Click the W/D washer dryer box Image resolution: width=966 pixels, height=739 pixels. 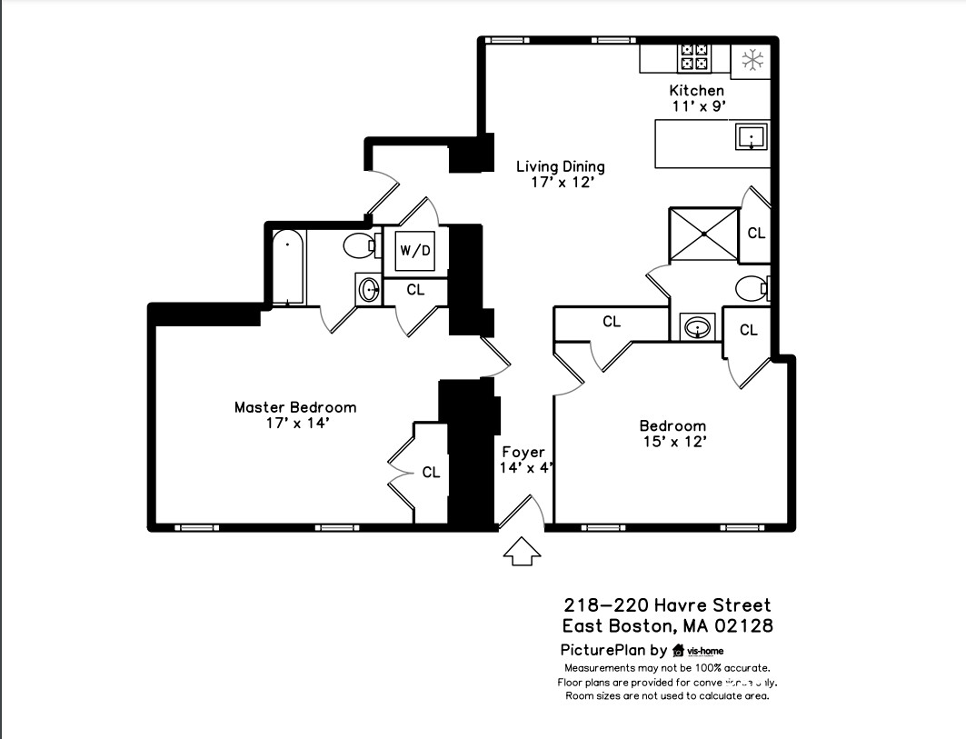click(415, 250)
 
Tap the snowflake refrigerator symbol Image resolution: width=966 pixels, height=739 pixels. click(751, 61)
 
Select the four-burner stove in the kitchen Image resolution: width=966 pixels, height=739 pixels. click(695, 57)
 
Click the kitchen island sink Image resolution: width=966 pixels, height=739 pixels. click(751, 137)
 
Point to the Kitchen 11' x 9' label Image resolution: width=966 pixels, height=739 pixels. click(697, 98)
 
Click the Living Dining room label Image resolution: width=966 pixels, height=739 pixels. click(560, 174)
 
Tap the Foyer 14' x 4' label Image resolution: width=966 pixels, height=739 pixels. click(524, 460)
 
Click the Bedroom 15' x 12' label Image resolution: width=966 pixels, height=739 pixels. click(672, 434)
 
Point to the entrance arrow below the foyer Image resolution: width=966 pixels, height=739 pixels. click(522, 550)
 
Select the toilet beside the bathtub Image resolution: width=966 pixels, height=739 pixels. click(360, 245)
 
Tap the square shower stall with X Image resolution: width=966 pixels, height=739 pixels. click(704, 235)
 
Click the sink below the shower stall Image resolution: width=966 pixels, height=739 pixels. click(697, 326)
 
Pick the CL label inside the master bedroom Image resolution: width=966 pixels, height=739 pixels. click(431, 473)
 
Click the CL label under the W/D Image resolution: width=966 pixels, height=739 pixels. click(415, 290)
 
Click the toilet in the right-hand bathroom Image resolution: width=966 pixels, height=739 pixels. click(754, 289)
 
